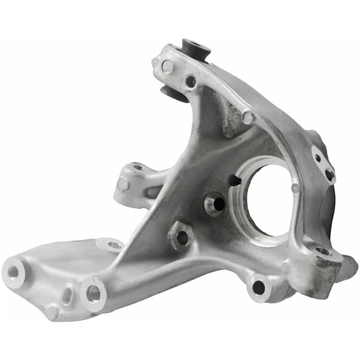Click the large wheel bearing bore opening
(x=269, y=199)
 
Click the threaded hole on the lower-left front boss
(x=94, y=292)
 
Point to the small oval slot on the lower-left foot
(x=66, y=296)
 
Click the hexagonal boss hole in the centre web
(x=181, y=237)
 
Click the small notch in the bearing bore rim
(x=234, y=181)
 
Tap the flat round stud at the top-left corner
(x=167, y=66)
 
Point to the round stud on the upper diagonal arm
(x=247, y=117)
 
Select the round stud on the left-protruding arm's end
(x=123, y=185)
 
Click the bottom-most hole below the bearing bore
(x=257, y=287)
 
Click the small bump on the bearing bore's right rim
(x=296, y=187)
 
